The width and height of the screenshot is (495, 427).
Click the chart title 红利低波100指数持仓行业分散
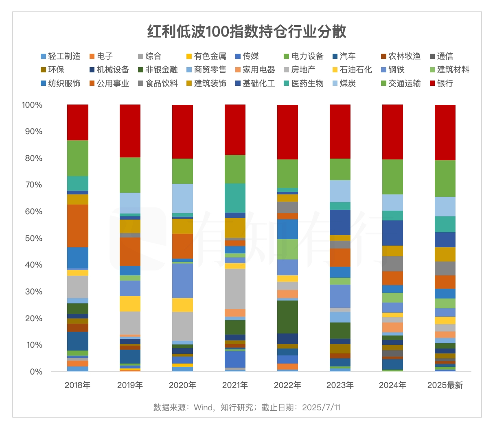click(247, 31)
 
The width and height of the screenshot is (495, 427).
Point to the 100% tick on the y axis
click(32, 105)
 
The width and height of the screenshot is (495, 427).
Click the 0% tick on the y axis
click(36, 372)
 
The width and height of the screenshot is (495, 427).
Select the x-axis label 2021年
click(235, 385)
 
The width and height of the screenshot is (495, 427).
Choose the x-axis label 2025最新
click(445, 385)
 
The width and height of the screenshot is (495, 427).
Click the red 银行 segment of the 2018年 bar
click(78, 122)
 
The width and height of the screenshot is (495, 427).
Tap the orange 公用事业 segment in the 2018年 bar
click(78, 226)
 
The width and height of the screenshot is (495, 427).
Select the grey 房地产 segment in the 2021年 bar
click(235, 289)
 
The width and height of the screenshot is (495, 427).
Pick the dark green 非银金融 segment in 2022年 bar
click(287, 317)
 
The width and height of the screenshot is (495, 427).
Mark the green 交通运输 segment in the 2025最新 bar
click(445, 179)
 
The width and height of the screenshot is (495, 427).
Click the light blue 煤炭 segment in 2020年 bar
click(182, 198)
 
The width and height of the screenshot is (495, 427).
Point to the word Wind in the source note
click(203, 407)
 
